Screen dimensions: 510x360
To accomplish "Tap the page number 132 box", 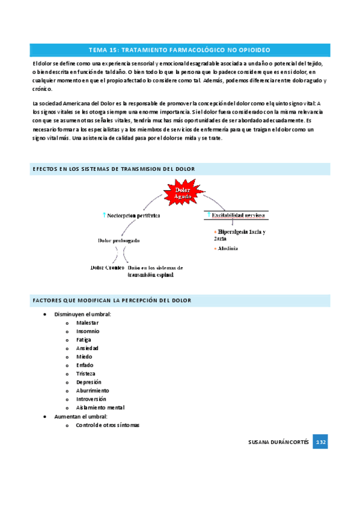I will [x=320, y=442].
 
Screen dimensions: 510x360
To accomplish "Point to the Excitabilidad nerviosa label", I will [x=238, y=214].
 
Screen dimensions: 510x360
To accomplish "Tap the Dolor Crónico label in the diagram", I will [x=107, y=267].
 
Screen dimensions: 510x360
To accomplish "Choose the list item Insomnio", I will [x=88, y=331].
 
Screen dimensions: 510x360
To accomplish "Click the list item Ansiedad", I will [x=87, y=348].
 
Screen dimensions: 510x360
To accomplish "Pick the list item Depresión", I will [x=89, y=382].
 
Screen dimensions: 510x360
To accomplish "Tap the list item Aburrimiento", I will [x=93, y=390].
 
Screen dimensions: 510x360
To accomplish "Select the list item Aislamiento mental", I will [x=100, y=407].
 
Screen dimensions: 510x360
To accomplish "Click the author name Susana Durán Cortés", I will [x=278, y=442].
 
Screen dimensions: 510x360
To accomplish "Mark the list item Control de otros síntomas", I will [x=108, y=425].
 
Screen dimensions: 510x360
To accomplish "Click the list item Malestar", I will [x=88, y=323].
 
